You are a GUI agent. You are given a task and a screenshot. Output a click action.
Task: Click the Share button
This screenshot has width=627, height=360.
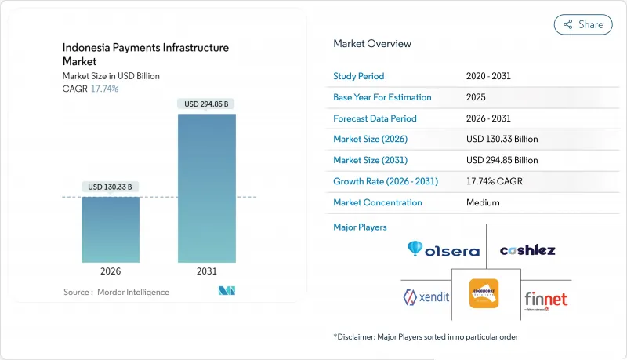tap(583, 24)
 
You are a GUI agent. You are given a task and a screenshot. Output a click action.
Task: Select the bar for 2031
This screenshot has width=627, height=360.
tap(207, 188)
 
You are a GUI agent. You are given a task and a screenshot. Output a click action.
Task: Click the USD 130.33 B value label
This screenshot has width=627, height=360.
tap(111, 187)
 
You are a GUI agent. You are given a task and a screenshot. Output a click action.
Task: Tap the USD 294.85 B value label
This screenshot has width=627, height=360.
tap(207, 104)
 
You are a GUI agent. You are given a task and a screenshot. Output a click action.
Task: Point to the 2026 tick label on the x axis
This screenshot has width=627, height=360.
tap(111, 271)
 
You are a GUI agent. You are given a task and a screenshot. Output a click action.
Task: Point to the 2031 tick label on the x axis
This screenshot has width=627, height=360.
tap(207, 271)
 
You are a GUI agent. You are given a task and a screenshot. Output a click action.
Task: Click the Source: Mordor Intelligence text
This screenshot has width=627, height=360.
tap(116, 292)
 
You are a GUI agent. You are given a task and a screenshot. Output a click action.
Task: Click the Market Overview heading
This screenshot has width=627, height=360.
tap(371, 44)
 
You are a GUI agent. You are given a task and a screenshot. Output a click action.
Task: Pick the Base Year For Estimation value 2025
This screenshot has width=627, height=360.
tap(477, 98)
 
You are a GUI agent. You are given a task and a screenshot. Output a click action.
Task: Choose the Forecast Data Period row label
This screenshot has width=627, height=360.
tap(375, 118)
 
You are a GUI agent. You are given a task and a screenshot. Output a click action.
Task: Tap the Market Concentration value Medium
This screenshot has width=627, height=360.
tap(483, 202)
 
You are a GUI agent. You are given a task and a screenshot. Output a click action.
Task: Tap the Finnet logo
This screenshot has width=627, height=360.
tap(546, 299)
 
